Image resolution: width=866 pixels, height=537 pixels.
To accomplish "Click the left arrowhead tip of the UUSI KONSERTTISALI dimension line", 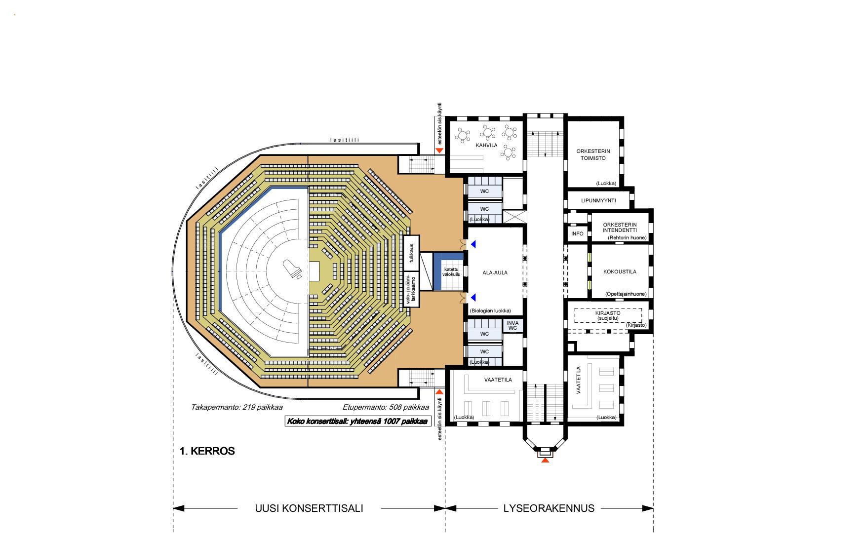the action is [173, 508].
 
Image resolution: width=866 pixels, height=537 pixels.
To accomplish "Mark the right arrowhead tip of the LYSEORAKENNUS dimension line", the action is [653, 508].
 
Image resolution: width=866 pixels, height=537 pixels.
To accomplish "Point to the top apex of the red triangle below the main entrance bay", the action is [545, 458].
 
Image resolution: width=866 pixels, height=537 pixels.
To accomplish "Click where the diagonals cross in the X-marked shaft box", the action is [514, 217].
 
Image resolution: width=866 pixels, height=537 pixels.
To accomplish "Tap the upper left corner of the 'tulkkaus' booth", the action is [403, 236].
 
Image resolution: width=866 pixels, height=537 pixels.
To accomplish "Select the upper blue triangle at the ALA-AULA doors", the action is [473, 244].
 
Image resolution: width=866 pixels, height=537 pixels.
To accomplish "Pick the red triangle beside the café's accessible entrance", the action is [439, 150].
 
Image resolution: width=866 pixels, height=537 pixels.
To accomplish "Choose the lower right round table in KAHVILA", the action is [508, 153].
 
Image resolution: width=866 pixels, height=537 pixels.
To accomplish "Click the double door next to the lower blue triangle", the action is [463, 297].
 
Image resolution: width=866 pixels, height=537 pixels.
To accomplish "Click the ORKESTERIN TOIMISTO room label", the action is [593, 154].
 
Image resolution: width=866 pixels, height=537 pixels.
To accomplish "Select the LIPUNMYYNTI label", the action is [598, 200].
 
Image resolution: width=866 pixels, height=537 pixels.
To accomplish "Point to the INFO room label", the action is [577, 233].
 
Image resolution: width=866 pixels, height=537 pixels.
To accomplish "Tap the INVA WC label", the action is [512, 326].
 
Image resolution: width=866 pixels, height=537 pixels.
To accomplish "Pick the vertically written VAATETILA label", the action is [579, 380].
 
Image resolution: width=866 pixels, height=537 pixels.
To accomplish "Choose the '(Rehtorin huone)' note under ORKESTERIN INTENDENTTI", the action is [627, 237].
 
